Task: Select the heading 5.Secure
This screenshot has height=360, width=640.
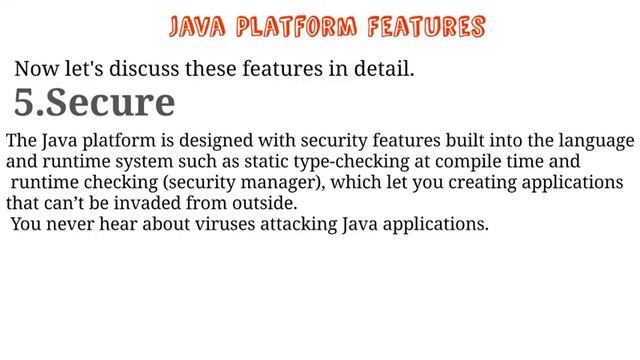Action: point(95,102)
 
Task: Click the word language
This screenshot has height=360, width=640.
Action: point(596,141)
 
